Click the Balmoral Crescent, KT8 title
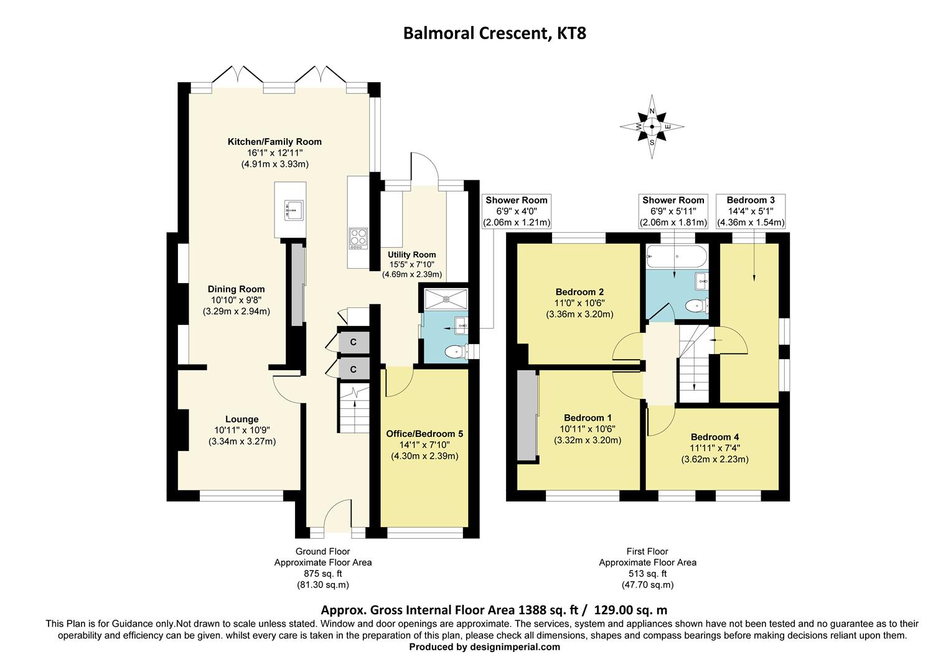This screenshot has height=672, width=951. pyautogui.click(x=494, y=32)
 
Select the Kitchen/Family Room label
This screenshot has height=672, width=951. pyautogui.click(x=274, y=142)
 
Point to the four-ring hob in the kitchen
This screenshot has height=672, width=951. pyautogui.click(x=358, y=238)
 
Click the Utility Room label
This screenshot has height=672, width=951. pyautogui.click(x=411, y=254)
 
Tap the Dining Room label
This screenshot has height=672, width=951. pyautogui.click(x=236, y=289)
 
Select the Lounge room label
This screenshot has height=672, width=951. pyautogui.click(x=241, y=419)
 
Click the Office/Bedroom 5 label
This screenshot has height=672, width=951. pyautogui.click(x=424, y=434)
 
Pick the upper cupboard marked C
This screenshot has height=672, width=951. pyautogui.click(x=353, y=342)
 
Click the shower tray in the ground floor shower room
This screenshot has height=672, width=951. pyautogui.click(x=446, y=298)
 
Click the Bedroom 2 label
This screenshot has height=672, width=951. pyautogui.click(x=579, y=292)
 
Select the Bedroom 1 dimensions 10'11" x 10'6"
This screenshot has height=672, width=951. pyautogui.click(x=588, y=429)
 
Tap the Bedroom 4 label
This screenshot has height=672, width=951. pyautogui.click(x=714, y=437)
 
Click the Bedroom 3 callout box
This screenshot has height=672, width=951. pyautogui.click(x=751, y=211)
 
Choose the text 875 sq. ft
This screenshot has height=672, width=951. pyautogui.click(x=322, y=574)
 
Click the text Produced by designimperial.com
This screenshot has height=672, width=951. pyautogui.click(x=484, y=647)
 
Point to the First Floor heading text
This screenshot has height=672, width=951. pyautogui.click(x=647, y=551)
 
